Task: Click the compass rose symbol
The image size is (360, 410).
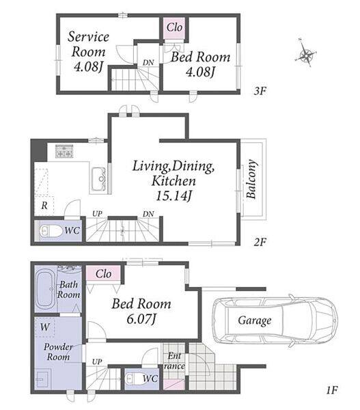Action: [306, 53]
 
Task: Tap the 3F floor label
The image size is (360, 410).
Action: [260, 91]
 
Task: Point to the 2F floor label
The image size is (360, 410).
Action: [260, 242]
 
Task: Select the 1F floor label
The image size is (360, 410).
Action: [332, 390]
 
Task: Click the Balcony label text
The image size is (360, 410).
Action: [251, 179]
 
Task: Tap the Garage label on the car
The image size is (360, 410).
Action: [254, 320]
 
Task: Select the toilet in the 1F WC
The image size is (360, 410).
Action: [134, 379]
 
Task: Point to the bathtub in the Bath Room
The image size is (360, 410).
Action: [46, 290]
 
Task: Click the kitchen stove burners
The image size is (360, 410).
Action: [64, 151]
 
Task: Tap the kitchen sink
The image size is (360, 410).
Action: [98, 179]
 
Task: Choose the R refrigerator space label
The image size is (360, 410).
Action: [44, 206]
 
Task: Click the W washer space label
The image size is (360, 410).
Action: [45, 327]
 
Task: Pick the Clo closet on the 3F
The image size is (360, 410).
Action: [174, 27]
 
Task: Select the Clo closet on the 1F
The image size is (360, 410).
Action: [104, 274]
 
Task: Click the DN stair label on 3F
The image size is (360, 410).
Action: [148, 63]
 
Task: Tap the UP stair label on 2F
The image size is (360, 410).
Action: [97, 214]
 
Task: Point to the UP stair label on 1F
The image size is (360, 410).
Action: [97, 362]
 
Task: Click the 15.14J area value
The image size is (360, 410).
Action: [174, 196]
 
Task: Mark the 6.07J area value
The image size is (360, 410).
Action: [141, 319]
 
